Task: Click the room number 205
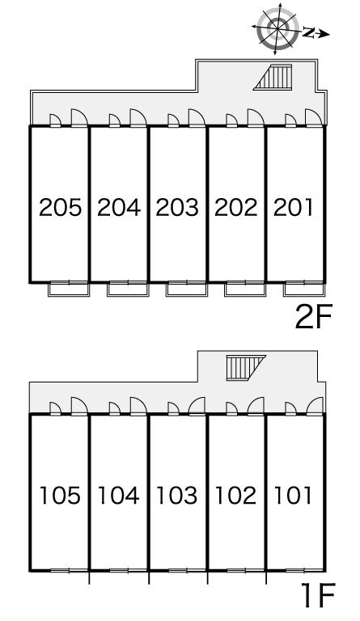tap(60, 208)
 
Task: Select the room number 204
tap(119, 208)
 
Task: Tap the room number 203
tap(177, 208)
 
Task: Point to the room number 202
tap(235, 208)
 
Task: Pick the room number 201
tap(293, 208)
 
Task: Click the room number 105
tap(60, 496)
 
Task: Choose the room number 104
tap(118, 496)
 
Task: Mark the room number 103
tap(176, 496)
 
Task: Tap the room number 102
tap(235, 496)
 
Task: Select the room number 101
tap(293, 496)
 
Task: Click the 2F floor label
tap(316, 316)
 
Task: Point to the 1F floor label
tap(318, 595)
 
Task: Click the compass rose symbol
tap(277, 28)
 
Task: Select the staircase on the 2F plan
tap(273, 78)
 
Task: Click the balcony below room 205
tap(69, 289)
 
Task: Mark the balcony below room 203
tap(187, 289)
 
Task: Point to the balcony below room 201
tap(304, 289)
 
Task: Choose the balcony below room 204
tap(128, 289)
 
